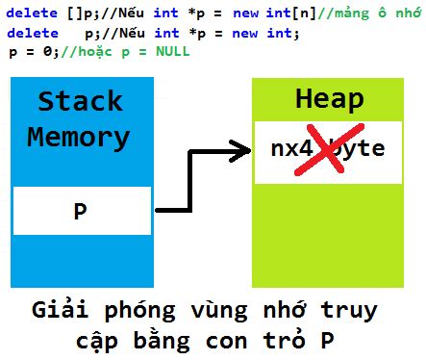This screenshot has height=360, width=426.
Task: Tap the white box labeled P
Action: [x=81, y=211]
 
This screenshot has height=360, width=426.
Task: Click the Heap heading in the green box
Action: [x=327, y=100]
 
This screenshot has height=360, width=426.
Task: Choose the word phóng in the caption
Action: [x=140, y=312]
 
